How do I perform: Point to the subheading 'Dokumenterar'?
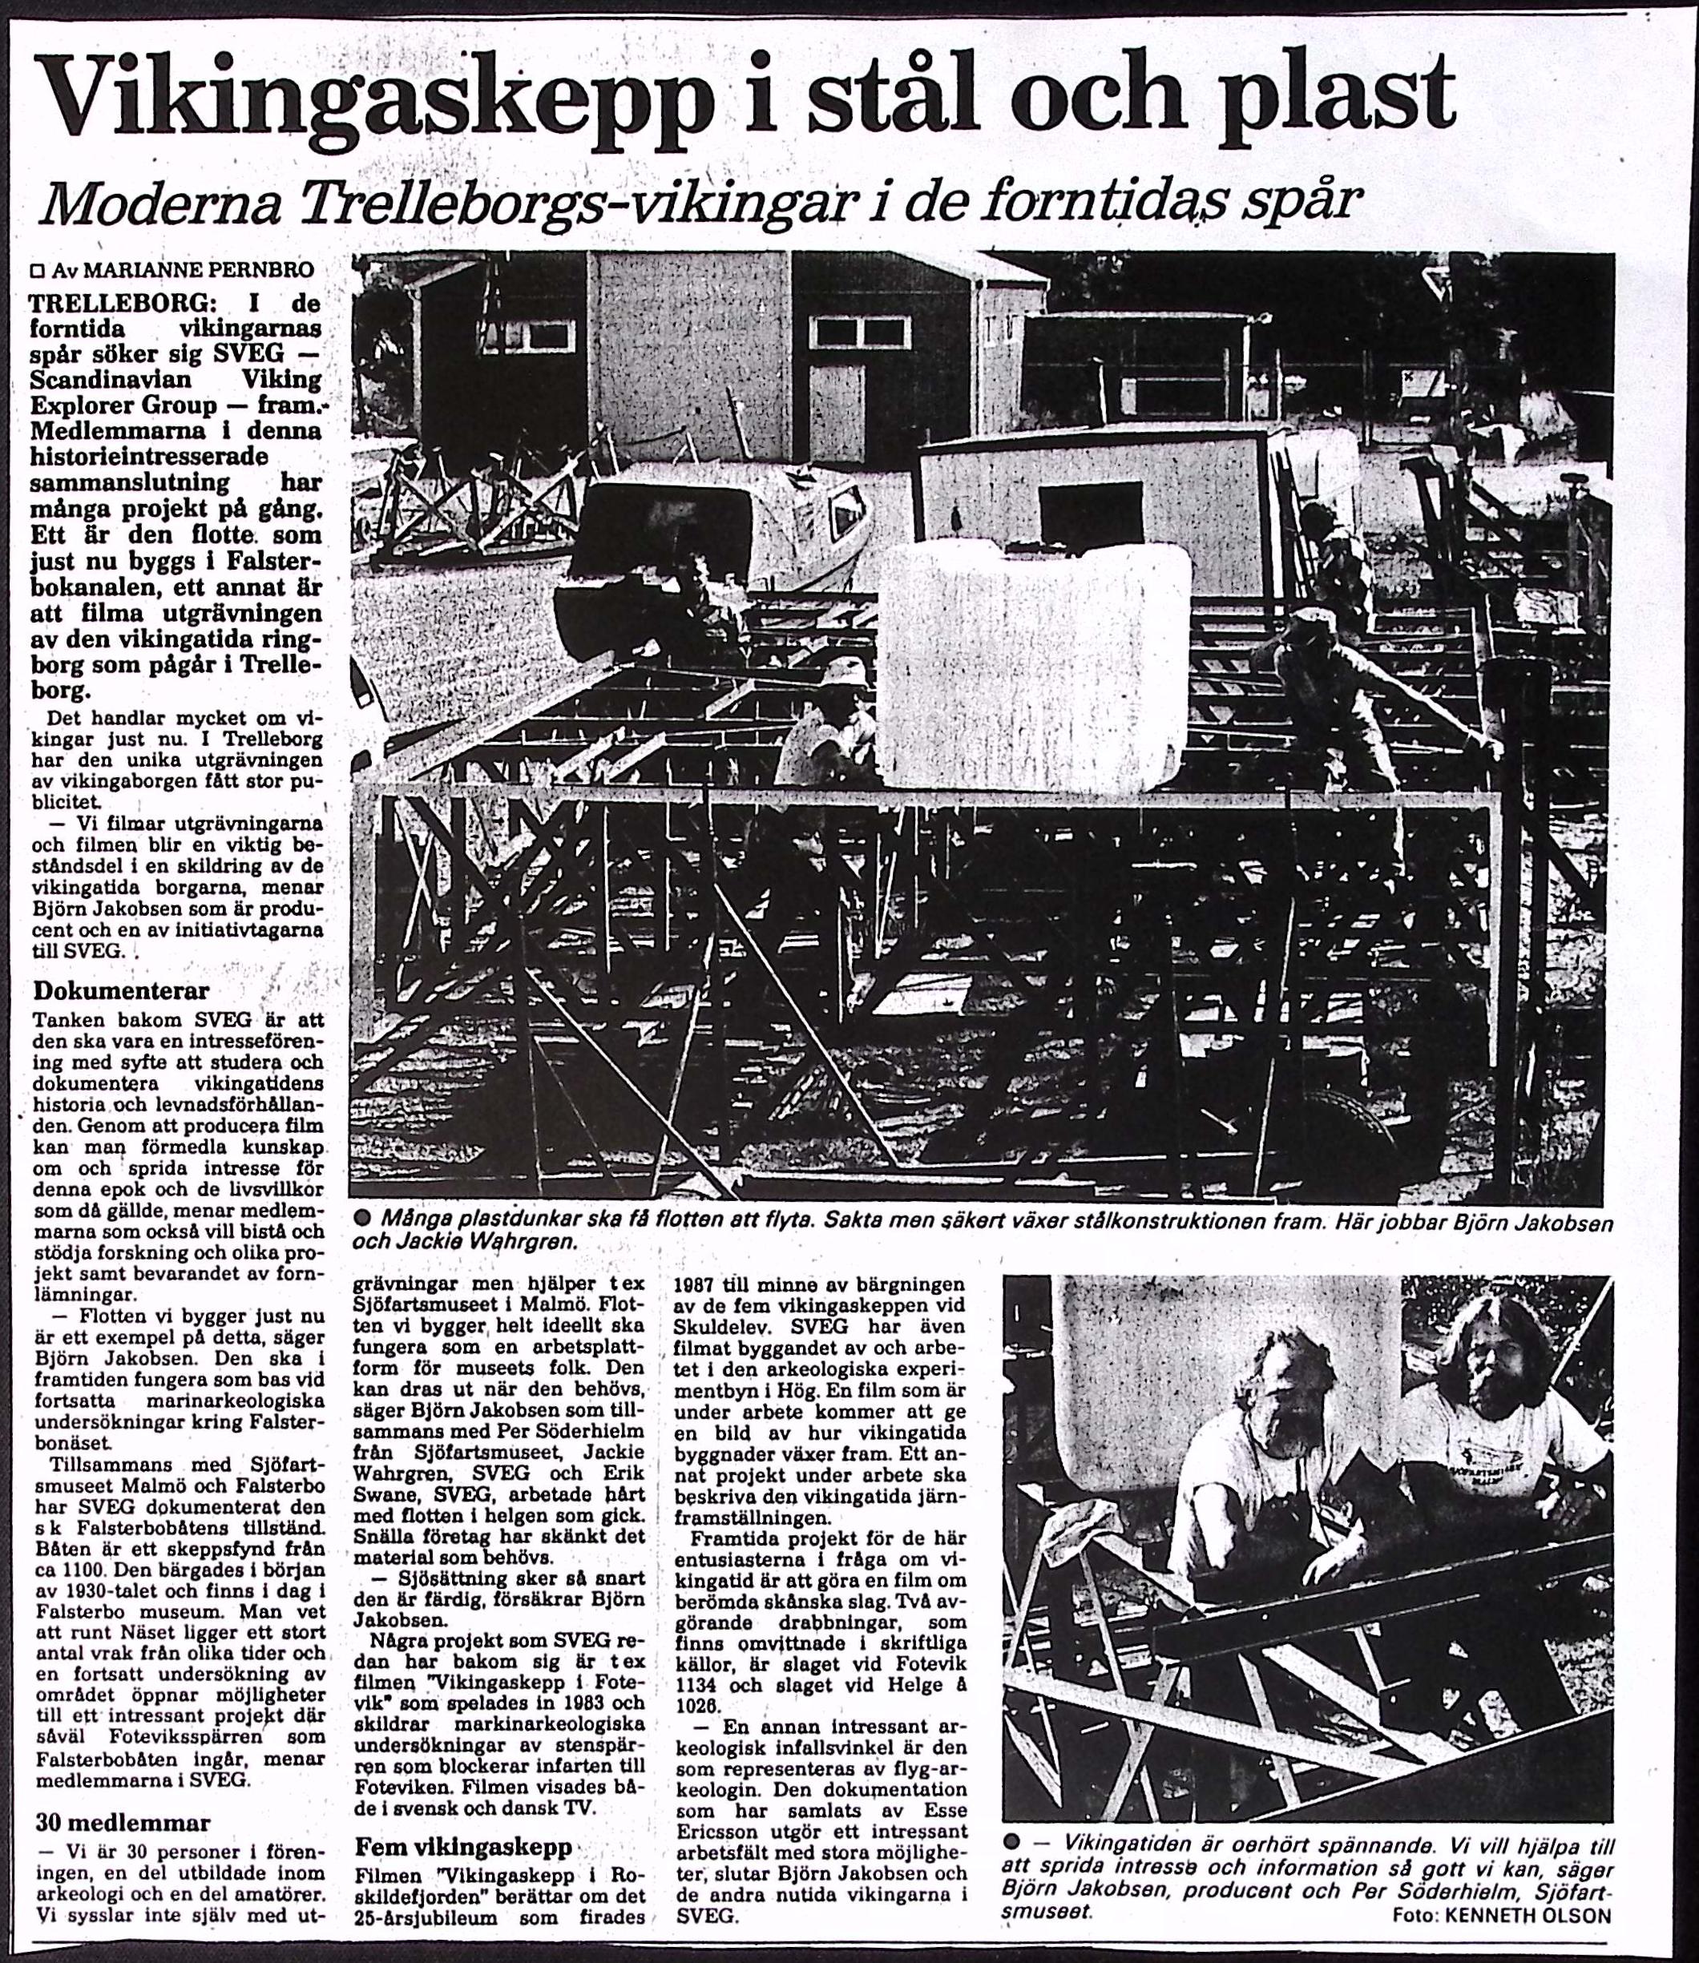pos(121,991)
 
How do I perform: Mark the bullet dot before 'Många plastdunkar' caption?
pos(361,1219)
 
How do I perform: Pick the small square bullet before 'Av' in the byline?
pos(38,271)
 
